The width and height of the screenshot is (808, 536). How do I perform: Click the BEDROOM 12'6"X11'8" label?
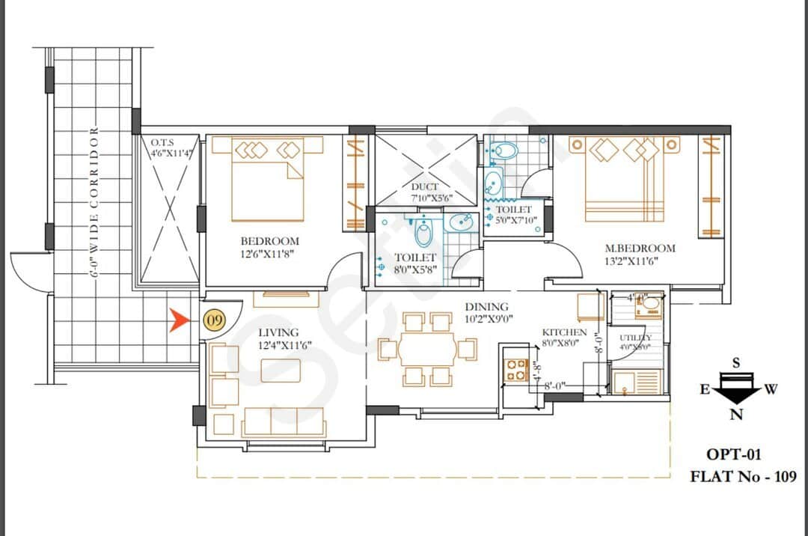[269, 248]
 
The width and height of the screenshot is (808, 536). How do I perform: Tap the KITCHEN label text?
[565, 332]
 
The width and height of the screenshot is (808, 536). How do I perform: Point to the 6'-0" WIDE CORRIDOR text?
[95, 202]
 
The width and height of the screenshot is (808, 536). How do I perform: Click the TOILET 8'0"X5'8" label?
[415, 263]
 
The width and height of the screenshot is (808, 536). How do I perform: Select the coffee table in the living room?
[281, 371]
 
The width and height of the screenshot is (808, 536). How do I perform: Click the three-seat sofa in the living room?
[284, 422]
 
